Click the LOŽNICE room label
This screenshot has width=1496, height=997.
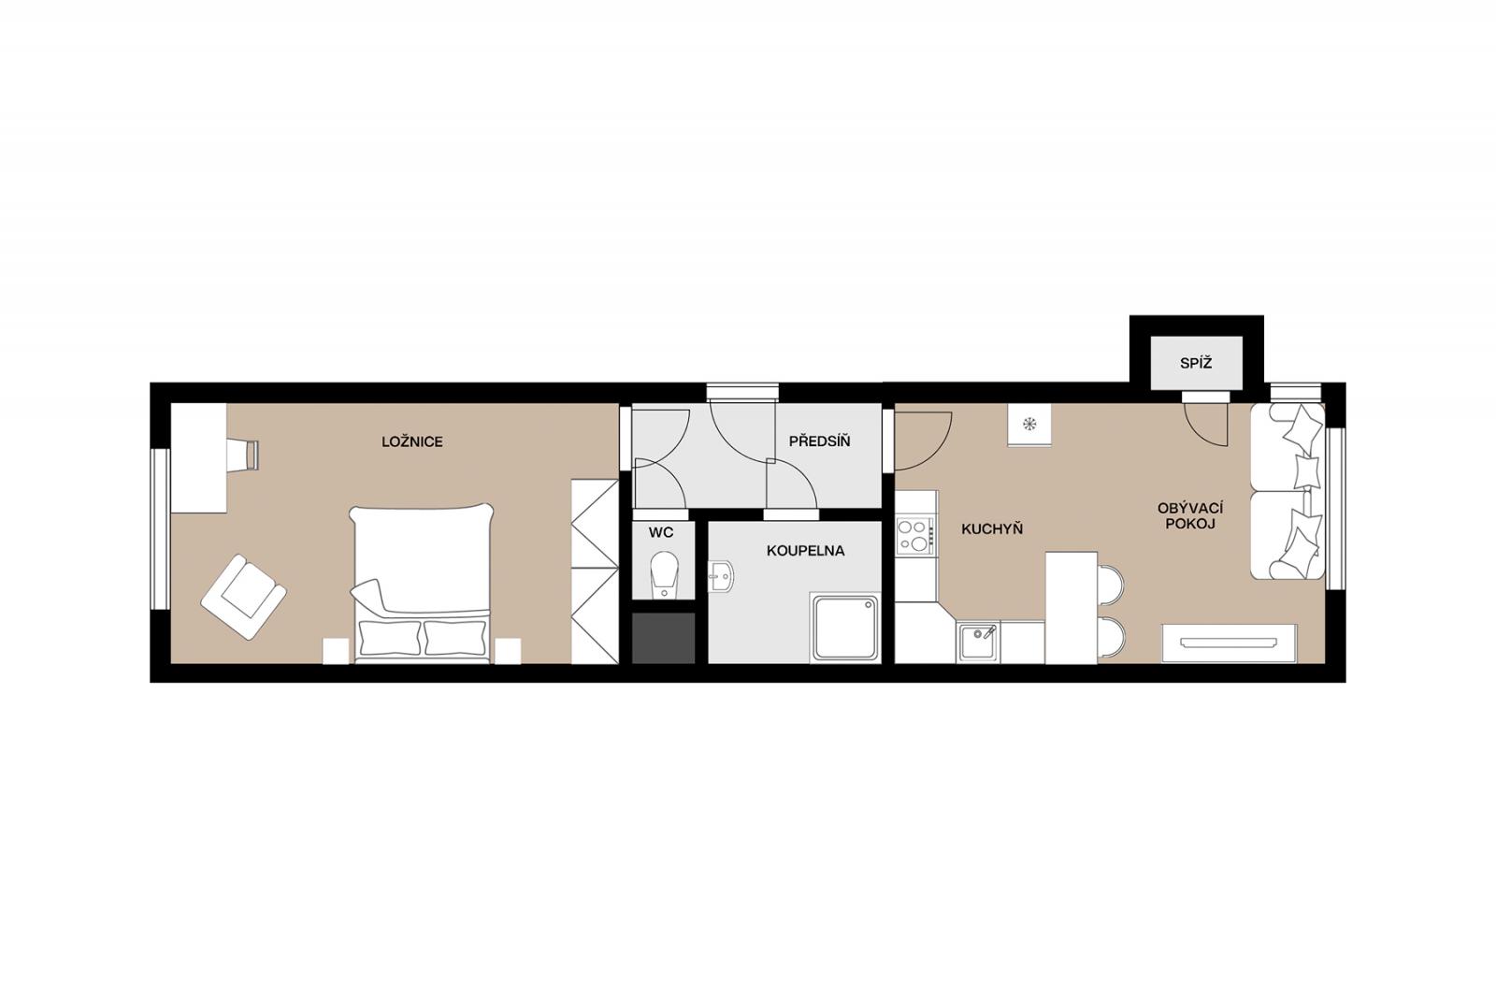coord(412,441)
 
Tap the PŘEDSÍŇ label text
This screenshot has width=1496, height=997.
coord(819,441)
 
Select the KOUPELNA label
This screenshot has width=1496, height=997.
coord(805,551)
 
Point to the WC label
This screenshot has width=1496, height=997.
coord(661,532)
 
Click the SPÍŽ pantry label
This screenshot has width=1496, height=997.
coord(1196,364)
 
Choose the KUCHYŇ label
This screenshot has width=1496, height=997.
coord(992,529)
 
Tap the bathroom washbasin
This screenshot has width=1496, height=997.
coord(721,576)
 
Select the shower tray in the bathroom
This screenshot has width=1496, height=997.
coord(845,628)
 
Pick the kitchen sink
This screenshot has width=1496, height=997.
coord(978,643)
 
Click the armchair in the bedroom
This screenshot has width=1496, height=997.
coord(244,597)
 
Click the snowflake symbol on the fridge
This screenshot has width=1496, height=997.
coord(1029,423)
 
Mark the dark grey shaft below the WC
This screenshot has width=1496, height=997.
coord(664,638)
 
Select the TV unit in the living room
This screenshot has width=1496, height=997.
coord(1230,643)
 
